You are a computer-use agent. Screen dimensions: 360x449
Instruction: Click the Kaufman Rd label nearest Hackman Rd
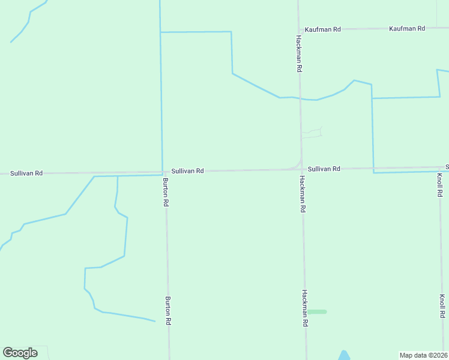point(322,29)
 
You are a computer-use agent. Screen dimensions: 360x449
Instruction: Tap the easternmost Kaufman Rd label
point(406,29)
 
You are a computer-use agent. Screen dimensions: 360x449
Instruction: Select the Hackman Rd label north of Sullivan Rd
point(298,53)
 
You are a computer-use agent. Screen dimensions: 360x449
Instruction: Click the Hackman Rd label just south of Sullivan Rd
point(303,194)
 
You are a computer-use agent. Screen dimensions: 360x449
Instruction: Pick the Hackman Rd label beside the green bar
point(305,308)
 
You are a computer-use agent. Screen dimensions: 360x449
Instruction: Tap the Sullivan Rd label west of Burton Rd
point(26,173)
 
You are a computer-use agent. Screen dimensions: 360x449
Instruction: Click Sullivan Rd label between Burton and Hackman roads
point(187,171)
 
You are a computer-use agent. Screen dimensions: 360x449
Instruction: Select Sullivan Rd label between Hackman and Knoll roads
point(324,169)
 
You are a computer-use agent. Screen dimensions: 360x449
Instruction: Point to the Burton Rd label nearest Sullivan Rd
point(166,192)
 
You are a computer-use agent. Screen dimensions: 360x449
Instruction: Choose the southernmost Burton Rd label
point(169,310)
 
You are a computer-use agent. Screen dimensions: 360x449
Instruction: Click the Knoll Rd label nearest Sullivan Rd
point(440,185)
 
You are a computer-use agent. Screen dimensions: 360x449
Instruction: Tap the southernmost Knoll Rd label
point(442,306)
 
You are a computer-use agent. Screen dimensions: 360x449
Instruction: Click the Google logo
point(20,353)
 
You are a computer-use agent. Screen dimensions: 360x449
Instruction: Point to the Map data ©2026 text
point(423,355)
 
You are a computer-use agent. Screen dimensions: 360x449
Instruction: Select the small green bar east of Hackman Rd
point(317,311)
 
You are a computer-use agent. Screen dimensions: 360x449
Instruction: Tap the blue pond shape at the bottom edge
point(344,356)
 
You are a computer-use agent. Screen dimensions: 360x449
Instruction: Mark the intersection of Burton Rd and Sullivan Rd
point(163,172)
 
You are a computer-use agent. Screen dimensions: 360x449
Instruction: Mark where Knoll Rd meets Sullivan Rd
point(438,167)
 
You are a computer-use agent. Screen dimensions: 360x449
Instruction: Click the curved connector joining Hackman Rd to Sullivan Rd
point(297,166)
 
